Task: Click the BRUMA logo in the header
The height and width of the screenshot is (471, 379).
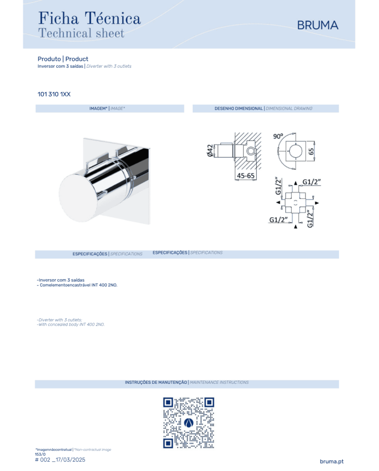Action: [x=317, y=25]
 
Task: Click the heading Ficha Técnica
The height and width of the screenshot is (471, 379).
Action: [x=89, y=18]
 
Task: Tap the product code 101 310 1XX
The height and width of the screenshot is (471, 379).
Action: [x=54, y=94]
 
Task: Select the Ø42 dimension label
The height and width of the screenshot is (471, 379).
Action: [x=210, y=150]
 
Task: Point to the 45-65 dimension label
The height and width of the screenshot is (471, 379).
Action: [x=245, y=176]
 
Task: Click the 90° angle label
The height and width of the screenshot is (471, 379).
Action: [x=278, y=137]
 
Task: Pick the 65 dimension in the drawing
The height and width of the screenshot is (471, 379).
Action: [x=311, y=151]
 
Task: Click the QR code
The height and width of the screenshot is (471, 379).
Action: [x=188, y=423]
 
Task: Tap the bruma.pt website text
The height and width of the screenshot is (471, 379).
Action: [x=331, y=461]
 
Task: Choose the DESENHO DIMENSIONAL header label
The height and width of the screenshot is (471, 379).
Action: [x=239, y=108]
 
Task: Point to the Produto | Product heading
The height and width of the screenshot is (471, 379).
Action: [x=63, y=59]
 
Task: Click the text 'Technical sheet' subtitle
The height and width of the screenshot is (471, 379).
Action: [x=81, y=33]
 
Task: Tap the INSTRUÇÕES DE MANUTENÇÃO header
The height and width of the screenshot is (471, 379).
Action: [x=156, y=383]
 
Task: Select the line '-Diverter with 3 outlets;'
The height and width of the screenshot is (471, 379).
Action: [x=60, y=320]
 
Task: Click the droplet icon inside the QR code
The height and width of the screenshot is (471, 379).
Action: [x=188, y=423]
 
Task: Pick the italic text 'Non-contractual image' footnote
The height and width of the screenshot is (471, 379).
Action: [x=93, y=450]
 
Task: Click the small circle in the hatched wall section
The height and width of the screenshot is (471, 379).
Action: [x=251, y=151]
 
